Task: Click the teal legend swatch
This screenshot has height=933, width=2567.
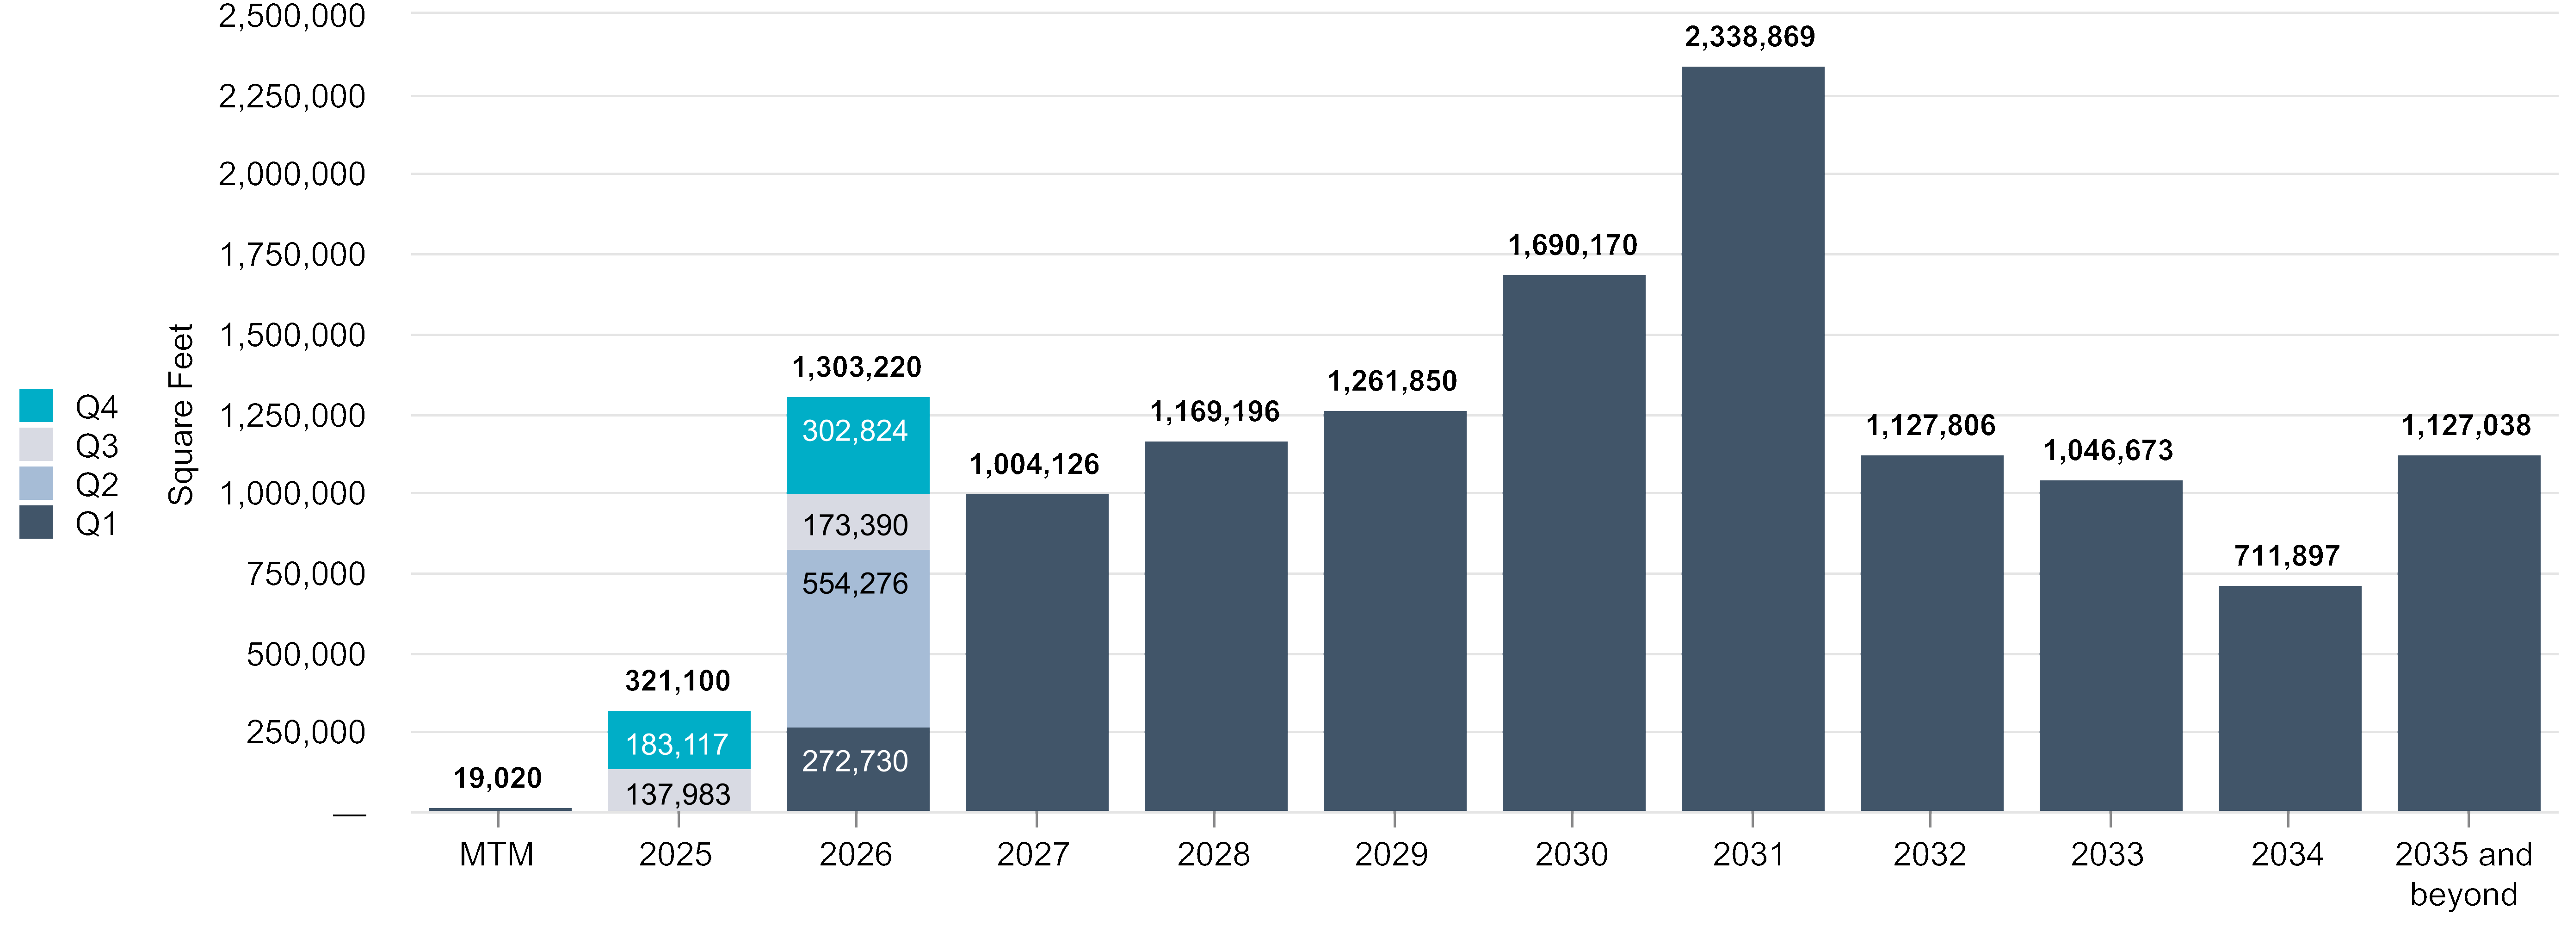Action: tap(36, 404)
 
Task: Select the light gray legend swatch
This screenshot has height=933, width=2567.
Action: tap(36, 443)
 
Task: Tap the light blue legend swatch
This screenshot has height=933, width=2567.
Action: tap(36, 482)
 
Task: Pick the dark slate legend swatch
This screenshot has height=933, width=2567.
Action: tap(36, 521)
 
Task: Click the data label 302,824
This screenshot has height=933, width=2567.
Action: tap(855, 430)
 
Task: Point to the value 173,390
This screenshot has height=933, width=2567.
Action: tap(855, 525)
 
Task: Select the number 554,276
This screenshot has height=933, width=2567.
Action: tap(855, 583)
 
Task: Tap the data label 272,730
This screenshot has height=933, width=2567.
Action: tap(855, 762)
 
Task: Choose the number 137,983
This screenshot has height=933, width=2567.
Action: tap(678, 795)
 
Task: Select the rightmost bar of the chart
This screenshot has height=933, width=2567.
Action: tap(2468, 633)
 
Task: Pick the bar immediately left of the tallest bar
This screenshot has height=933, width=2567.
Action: tap(1574, 543)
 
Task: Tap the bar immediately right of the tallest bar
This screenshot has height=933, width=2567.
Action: tap(1931, 633)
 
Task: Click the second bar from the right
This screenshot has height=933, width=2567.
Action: tap(2289, 698)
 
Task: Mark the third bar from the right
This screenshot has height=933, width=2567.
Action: tap(2110, 646)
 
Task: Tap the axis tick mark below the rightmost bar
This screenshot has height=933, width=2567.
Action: tap(2468, 819)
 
